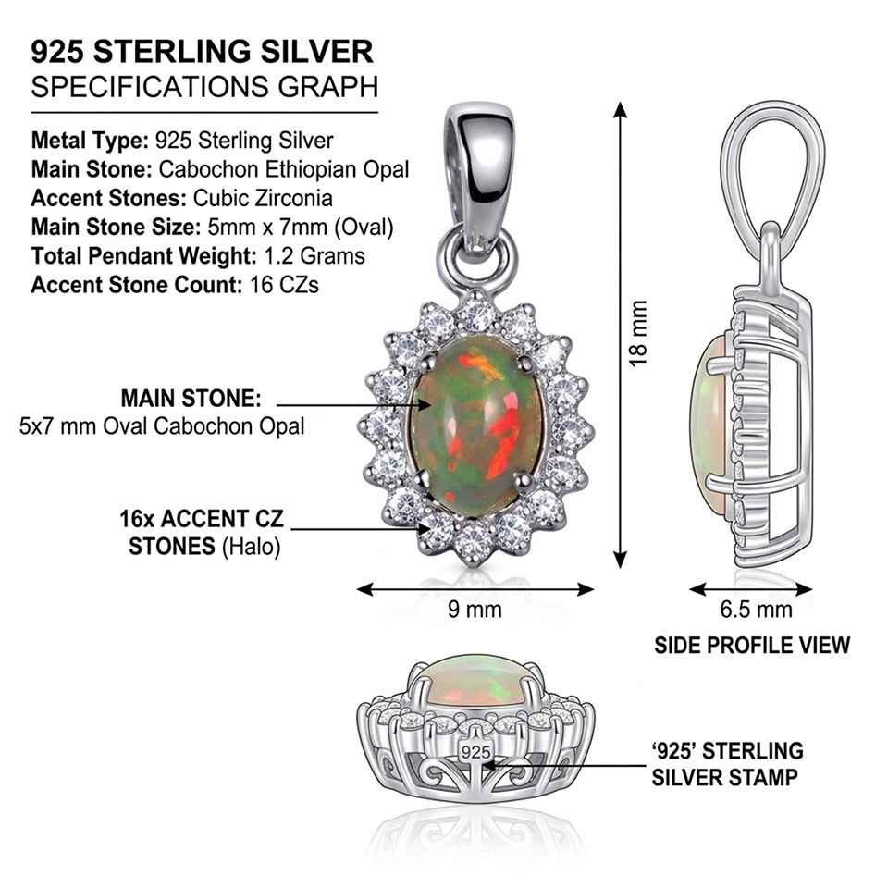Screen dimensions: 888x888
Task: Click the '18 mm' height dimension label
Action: click(637, 334)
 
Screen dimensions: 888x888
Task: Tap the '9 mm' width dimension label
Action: click(475, 610)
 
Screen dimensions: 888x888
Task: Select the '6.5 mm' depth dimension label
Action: click(756, 610)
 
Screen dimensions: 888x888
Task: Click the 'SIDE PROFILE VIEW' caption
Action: click(752, 645)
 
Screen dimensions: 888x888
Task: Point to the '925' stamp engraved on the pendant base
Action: click(475, 752)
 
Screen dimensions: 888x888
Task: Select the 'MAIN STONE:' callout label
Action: click(191, 398)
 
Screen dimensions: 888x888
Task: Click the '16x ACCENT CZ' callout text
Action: click(202, 519)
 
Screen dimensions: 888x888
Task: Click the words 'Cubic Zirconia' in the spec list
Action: click(263, 198)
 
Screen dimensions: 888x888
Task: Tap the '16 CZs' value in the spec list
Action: click(284, 284)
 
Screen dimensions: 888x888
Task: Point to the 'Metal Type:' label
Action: click(90, 141)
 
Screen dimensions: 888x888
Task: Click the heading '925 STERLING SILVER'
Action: click(203, 52)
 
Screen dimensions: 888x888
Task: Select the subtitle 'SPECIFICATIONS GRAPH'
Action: click(204, 87)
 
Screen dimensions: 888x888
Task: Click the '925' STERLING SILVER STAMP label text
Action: click(727, 764)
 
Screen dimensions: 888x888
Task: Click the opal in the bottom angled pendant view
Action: click(475, 682)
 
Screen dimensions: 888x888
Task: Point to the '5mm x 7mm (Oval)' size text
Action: click(301, 228)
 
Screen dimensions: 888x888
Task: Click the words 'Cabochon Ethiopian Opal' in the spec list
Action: click(284, 169)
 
